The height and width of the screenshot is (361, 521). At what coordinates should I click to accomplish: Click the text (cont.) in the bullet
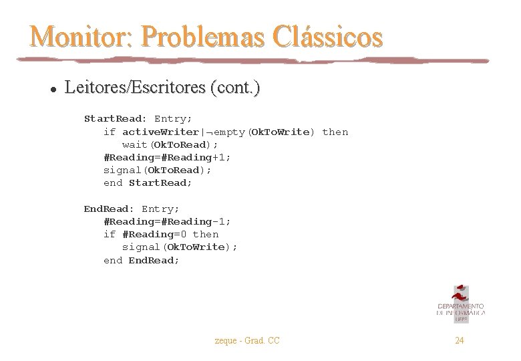234,88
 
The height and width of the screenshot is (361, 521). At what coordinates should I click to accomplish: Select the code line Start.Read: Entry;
138,119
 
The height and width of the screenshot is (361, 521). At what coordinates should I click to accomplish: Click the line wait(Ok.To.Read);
170,144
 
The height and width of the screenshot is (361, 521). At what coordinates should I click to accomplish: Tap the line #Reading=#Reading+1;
168,157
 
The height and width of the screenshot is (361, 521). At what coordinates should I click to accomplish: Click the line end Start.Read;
148,183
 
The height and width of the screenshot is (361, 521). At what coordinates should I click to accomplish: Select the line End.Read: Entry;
132,209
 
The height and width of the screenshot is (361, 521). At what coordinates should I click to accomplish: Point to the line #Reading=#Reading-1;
168,221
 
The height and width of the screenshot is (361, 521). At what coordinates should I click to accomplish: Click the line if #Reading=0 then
161,234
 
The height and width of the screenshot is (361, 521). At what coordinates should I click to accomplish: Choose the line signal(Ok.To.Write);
180,247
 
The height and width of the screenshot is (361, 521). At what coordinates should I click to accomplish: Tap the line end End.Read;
142,260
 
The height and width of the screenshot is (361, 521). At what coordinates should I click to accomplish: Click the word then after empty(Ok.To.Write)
335,132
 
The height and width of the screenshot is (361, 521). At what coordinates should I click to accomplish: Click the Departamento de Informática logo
460,304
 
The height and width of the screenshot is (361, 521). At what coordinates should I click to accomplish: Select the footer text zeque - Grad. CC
247,341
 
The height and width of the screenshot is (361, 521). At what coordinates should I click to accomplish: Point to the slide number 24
460,341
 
